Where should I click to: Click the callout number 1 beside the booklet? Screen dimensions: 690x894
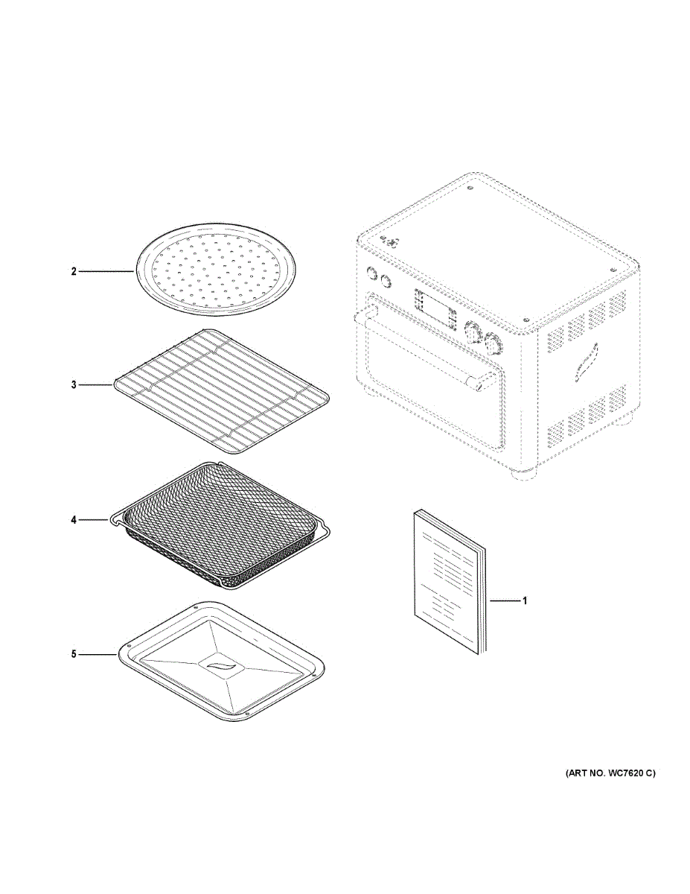[524, 600]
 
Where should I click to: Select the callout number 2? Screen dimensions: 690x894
[74, 272]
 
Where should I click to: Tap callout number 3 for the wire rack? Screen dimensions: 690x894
[74, 385]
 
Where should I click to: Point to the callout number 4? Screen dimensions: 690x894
[74, 519]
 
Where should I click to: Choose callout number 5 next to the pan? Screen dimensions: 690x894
[74, 654]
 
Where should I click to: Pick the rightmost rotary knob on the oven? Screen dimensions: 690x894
[492, 343]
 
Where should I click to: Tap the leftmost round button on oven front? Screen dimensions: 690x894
[371, 273]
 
